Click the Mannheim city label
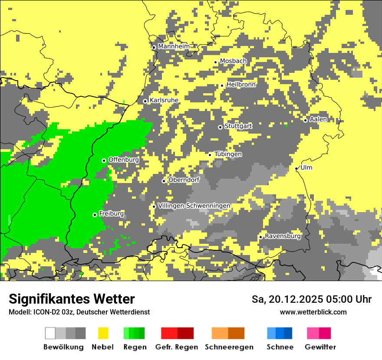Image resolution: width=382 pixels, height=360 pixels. [174, 46]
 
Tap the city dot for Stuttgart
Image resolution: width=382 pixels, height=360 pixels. [220, 127]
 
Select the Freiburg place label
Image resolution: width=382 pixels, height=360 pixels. [111, 214]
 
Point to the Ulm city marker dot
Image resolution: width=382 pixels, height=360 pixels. [296, 168]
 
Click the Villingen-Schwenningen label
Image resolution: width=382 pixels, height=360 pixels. [194, 206]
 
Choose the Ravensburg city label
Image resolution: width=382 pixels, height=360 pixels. [283, 236]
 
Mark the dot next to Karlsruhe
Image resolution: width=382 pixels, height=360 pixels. [145, 101]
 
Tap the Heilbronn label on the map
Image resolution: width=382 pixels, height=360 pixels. [241, 85]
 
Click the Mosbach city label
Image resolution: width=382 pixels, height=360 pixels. [233, 61]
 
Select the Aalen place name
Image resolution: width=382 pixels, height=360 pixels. [318, 119]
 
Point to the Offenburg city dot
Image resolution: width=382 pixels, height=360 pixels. [104, 160]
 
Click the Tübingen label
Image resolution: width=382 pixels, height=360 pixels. [228, 154]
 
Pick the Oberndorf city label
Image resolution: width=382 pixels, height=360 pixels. [184, 180]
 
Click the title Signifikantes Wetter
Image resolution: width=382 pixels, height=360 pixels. [72, 299]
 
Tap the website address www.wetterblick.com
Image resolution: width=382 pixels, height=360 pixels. [313, 312]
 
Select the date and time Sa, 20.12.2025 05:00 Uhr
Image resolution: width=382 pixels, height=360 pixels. [311, 299]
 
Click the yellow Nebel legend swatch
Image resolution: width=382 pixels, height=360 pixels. [103, 333]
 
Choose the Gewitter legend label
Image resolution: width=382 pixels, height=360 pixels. [320, 347]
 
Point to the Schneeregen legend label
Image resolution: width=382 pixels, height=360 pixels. [229, 347]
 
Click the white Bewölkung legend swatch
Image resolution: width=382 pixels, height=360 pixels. [50, 333]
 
